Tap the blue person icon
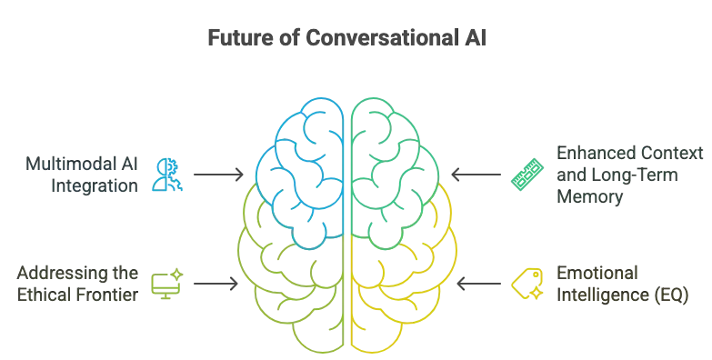tap(165, 173)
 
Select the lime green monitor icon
tap(165, 282)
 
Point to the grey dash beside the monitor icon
tap(215, 283)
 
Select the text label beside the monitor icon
tap(75, 283)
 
